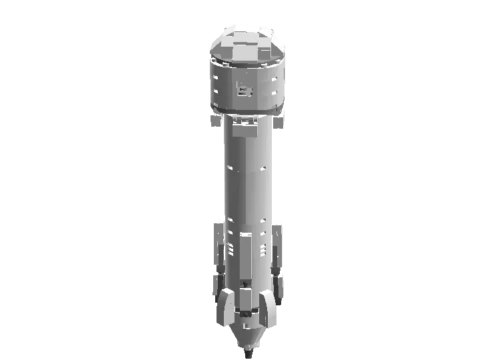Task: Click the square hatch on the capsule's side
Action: (x=245, y=89)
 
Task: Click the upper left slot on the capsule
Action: (x=216, y=78)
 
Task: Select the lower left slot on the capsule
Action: (x=216, y=93)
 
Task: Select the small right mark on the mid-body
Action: (x=263, y=167)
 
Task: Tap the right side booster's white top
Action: (x=277, y=222)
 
